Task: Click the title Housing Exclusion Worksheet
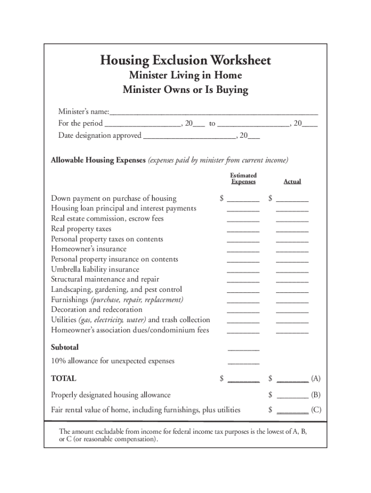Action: click(185, 61)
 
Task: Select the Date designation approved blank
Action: click(189, 136)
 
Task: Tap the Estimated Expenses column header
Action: click(243, 179)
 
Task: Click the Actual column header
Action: click(292, 182)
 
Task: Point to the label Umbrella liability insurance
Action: click(95, 269)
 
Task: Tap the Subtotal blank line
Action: click(243, 349)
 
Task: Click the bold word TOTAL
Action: click(64, 379)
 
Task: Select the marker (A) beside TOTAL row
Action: click(316, 379)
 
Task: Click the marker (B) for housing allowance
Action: click(316, 395)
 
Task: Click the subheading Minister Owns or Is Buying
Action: click(185, 90)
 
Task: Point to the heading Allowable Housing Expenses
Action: click(98, 160)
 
